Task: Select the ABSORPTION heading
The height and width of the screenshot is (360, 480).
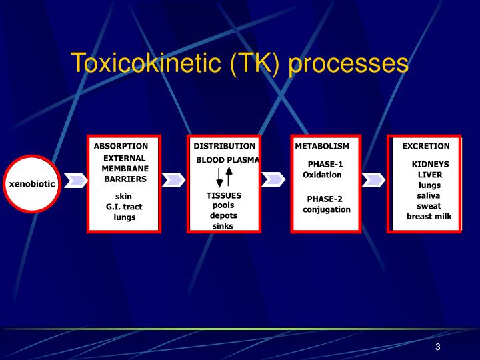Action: (x=121, y=146)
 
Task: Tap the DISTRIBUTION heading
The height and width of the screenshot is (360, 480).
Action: (x=224, y=146)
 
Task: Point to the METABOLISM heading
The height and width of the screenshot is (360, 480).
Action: (x=322, y=146)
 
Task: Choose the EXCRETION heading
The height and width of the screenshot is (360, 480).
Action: (x=425, y=146)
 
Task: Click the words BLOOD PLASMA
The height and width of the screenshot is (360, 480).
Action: (x=226, y=160)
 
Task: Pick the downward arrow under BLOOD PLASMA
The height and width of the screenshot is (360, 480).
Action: (x=219, y=178)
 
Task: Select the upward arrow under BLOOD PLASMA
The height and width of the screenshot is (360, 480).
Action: (x=229, y=177)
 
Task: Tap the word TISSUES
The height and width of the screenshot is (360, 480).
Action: (x=223, y=195)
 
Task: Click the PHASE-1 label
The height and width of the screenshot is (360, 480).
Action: (x=325, y=164)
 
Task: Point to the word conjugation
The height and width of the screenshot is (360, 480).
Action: (x=327, y=209)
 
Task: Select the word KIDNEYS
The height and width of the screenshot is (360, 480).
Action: (x=430, y=164)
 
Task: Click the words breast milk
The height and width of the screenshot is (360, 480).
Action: (x=429, y=217)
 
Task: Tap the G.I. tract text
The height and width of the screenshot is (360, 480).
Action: (x=124, y=207)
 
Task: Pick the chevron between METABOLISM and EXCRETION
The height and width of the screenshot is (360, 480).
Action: (x=373, y=179)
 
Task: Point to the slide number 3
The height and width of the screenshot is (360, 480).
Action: (x=438, y=347)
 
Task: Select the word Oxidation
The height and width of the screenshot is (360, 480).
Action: (x=322, y=175)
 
